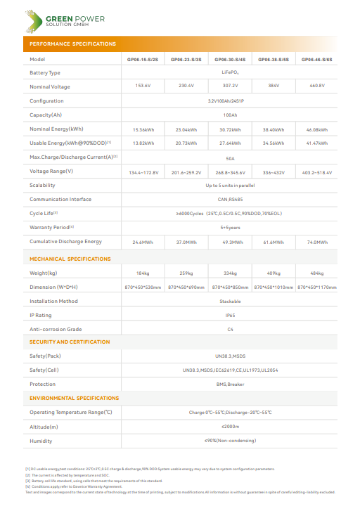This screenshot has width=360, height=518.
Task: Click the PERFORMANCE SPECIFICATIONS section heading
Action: coord(73,44)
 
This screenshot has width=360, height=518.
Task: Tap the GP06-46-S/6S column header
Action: coord(316,60)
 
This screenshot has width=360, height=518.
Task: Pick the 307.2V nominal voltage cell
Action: coord(230,86)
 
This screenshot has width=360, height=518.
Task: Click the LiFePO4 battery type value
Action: coord(230,72)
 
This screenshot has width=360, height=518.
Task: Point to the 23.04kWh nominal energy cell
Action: coord(187,129)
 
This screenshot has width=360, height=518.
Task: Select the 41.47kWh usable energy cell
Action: coord(316,143)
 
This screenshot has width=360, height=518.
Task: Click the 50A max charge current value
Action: coord(230,158)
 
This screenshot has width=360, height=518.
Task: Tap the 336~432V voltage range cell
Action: coord(273,172)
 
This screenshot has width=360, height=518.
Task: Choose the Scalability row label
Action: coord(42,186)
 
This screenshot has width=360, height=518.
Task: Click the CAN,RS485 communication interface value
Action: coord(230,199)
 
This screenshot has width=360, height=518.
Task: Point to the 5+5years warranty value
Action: coord(230,228)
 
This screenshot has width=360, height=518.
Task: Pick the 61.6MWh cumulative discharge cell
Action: coord(273,242)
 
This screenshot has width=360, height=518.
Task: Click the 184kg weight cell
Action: coord(143,273)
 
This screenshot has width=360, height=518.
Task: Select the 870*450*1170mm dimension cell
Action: coord(316,287)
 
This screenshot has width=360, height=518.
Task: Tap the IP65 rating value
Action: coord(230,316)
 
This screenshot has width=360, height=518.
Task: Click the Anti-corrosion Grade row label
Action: coord(56,329)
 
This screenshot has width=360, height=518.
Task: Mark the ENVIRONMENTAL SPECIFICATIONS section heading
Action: coord(74,398)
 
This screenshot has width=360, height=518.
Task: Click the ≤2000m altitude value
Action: coord(230,427)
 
